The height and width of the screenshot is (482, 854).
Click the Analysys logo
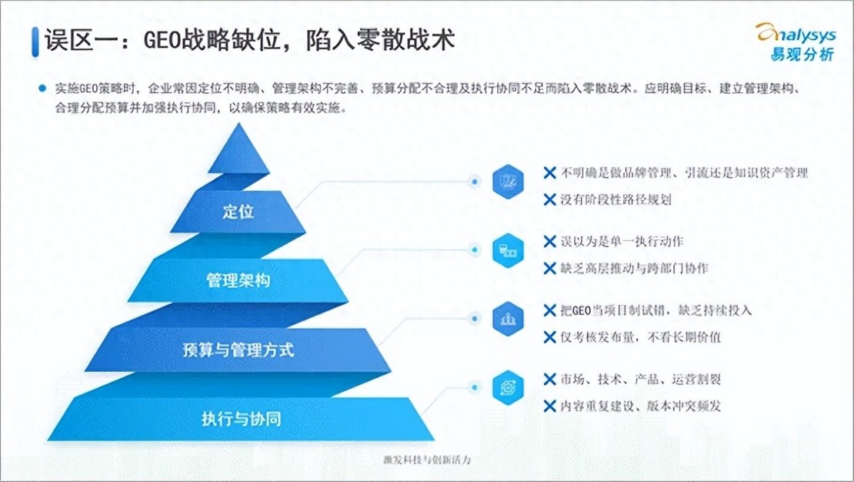tap(796, 42)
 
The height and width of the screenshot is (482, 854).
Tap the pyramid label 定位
tap(238, 211)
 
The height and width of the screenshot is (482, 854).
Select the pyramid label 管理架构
tap(238, 280)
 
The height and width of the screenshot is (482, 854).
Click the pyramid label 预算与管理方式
tap(238, 350)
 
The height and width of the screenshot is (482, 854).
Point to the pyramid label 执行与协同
tap(242, 419)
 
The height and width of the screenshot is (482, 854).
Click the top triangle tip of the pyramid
tap(238, 124)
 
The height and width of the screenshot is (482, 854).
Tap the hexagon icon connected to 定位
tap(508, 181)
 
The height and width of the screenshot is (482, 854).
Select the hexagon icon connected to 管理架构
tap(508, 250)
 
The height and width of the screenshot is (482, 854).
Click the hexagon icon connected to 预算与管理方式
tap(508, 319)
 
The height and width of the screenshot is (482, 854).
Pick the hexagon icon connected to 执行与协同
tap(508, 387)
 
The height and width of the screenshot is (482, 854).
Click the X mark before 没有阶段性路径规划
tap(549, 199)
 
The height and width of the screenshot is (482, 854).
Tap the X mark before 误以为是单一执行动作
tap(549, 241)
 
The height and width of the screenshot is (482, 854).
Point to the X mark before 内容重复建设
tap(549, 406)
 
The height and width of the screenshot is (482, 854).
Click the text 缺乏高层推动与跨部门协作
tap(635, 268)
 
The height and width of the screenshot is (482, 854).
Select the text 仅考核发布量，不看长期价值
tap(640, 337)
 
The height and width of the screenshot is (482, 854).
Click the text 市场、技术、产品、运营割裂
tap(640, 379)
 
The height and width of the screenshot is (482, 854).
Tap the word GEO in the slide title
tap(162, 40)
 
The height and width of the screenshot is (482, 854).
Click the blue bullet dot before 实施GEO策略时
tap(42, 88)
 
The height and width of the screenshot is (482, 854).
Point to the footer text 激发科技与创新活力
tap(427, 460)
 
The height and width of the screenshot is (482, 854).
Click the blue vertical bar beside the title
tap(35, 42)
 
